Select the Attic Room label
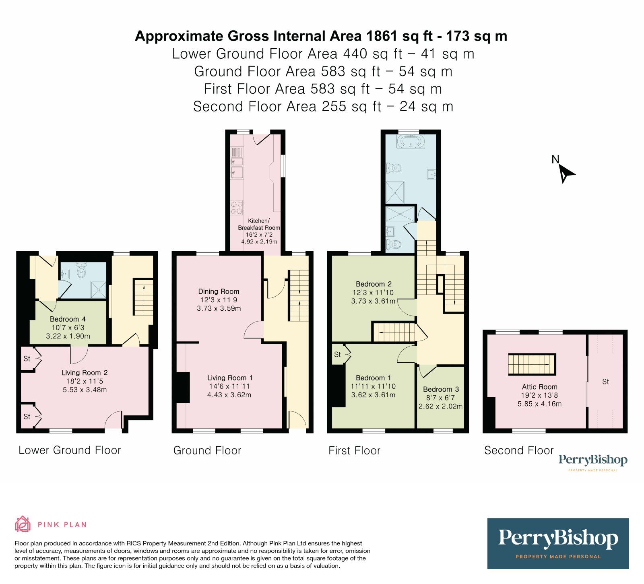point(539,387)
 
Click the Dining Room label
point(219,291)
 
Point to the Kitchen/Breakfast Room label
point(259,224)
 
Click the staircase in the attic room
point(531,364)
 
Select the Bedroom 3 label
point(441,389)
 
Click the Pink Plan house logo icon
point(23,524)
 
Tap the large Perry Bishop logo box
point(558,543)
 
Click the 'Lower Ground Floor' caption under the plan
point(70,450)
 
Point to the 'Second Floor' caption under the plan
point(519,450)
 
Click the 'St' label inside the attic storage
point(605,382)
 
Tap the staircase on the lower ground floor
point(143,297)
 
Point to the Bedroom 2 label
point(374,284)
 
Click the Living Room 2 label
point(85,373)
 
